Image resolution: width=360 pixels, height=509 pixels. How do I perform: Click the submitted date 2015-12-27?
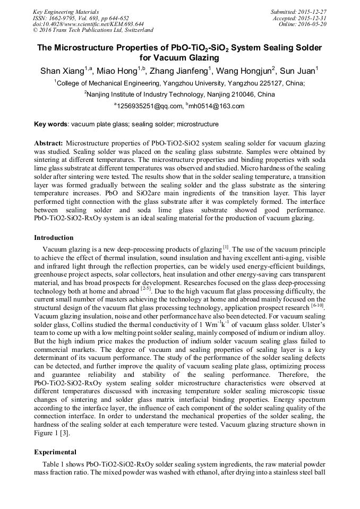tap(312, 12)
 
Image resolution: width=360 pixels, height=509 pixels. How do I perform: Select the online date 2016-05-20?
tap(312, 24)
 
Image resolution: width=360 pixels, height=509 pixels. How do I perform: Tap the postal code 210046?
tap(235, 94)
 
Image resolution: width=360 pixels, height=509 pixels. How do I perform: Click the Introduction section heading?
tap(54, 237)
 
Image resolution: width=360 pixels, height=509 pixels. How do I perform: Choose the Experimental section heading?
tap(55, 452)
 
